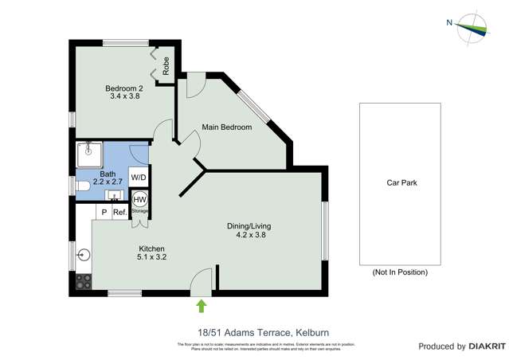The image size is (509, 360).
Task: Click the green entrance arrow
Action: (201, 305)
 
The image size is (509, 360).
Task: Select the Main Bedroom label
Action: (226, 127)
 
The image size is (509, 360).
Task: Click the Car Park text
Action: (401, 182)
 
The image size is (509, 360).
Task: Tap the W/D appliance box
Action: (139, 178)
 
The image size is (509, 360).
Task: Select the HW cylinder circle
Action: (139, 199)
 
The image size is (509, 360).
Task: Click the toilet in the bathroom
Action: (83, 187)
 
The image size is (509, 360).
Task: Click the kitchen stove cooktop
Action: (83, 281)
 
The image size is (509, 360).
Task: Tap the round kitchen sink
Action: (84, 256)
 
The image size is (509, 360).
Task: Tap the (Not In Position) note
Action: (401, 272)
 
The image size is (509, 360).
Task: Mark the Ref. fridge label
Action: (119, 212)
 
